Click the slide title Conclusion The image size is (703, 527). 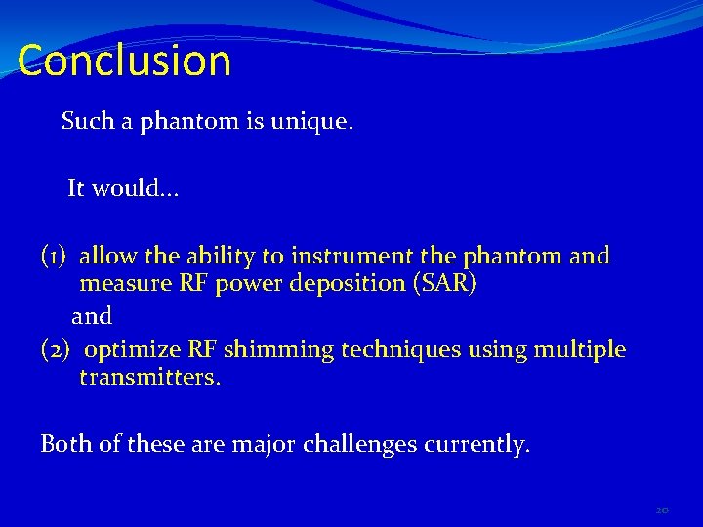click(x=124, y=61)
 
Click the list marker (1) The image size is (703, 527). click(x=54, y=257)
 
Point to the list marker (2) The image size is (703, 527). click(x=54, y=349)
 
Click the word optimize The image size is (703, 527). click(x=133, y=349)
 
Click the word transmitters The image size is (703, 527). click(x=150, y=377)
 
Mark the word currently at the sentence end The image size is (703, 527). click(x=477, y=444)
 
